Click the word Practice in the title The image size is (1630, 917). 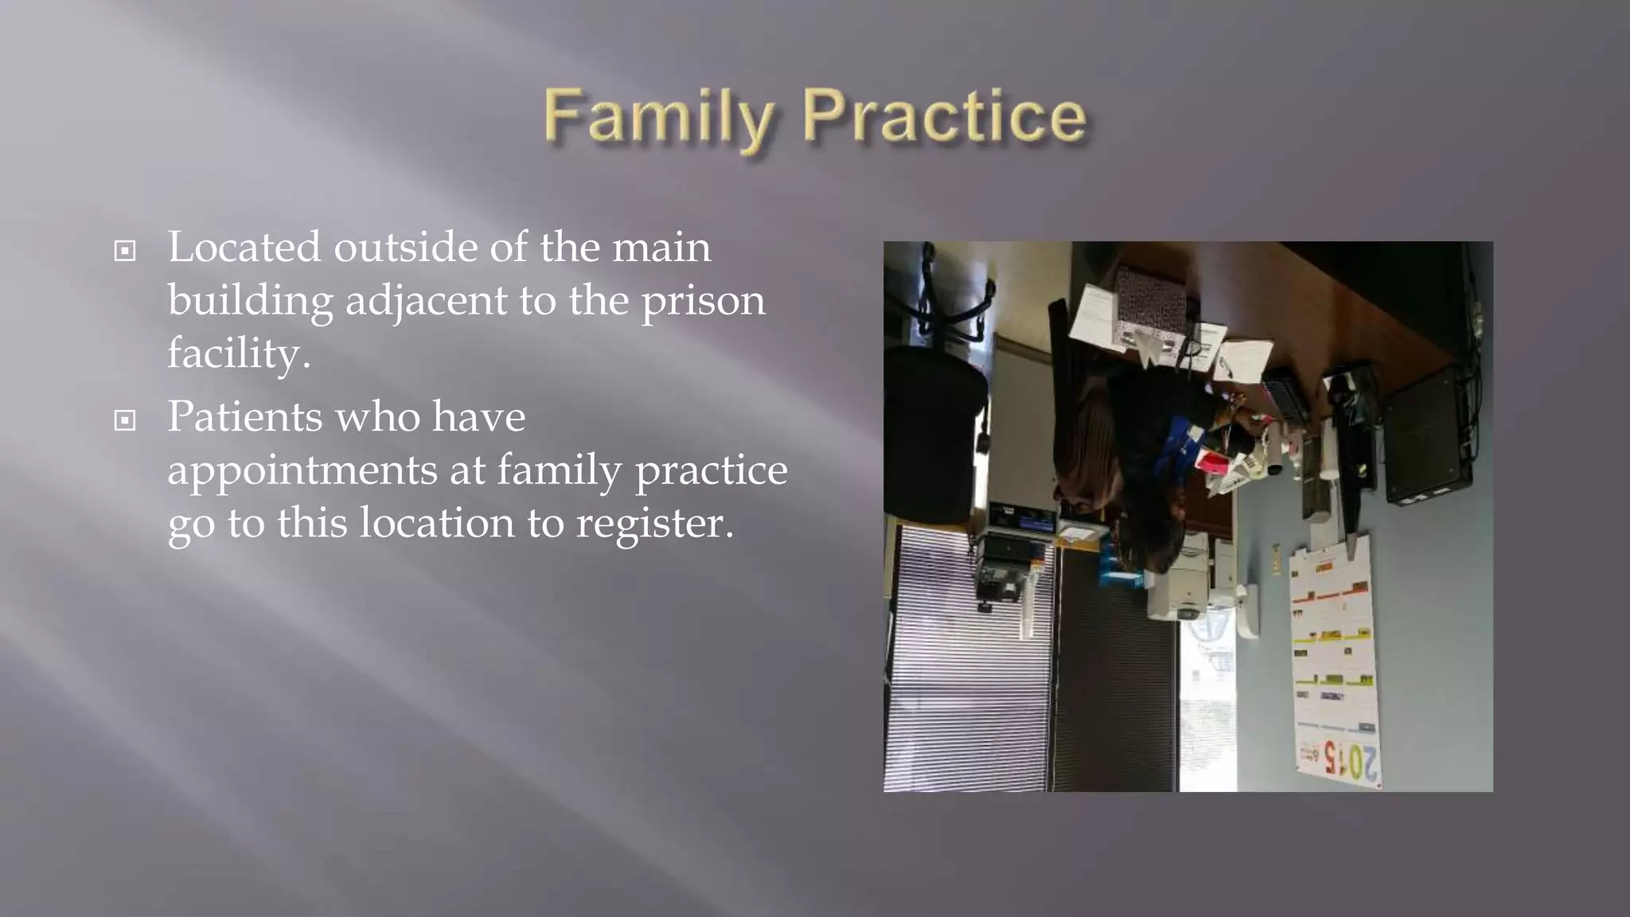(x=944, y=118)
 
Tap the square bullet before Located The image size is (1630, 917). (x=125, y=252)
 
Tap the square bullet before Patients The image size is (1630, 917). (x=125, y=420)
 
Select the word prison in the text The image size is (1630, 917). (x=703, y=301)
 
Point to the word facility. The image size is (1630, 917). (x=238, y=353)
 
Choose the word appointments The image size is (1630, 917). (x=302, y=470)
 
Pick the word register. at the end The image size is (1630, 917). (x=654, y=524)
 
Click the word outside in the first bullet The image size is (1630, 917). (x=405, y=248)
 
